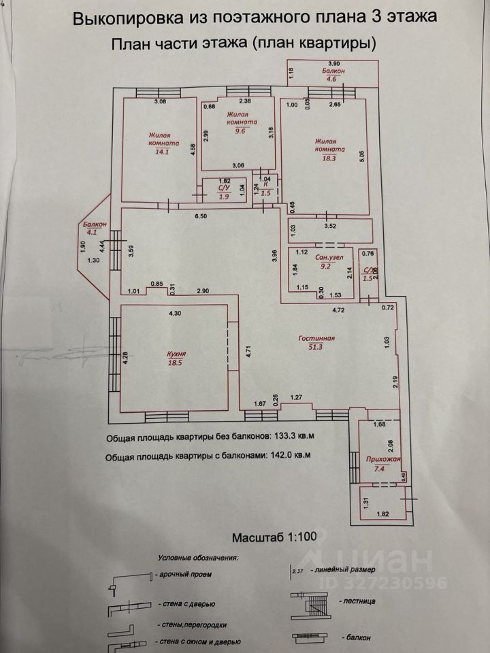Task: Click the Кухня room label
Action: [176, 354]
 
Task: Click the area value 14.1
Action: [163, 152]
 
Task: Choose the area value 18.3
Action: [330, 158]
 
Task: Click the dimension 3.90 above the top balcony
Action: [333, 63]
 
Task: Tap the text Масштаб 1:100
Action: [274, 537]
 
